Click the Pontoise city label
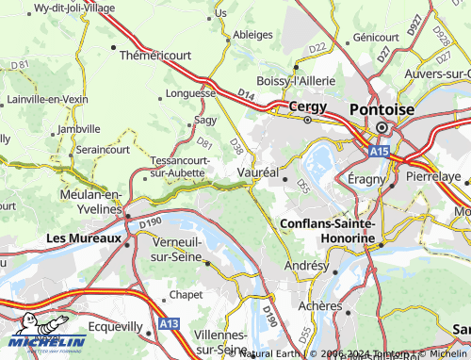click(382, 108)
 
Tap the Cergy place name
click(307, 106)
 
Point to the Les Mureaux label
click(84, 238)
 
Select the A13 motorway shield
click(170, 323)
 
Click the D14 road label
click(246, 94)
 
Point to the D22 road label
click(317, 47)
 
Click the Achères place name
click(319, 306)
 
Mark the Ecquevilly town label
click(112, 327)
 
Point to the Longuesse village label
click(191, 93)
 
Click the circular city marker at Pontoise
click(382, 128)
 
